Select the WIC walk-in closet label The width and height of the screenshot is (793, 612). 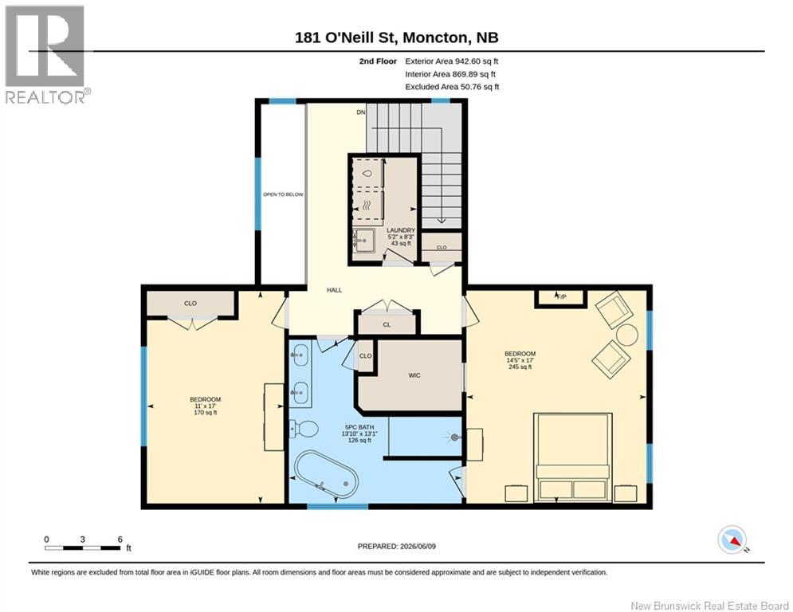point(414,375)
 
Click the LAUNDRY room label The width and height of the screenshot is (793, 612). point(401,230)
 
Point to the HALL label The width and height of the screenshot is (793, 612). point(334,290)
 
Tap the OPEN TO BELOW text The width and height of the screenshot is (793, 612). point(283,194)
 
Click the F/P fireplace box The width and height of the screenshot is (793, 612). point(561,297)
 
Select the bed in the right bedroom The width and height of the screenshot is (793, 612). point(573,457)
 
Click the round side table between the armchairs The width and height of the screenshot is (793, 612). point(626,335)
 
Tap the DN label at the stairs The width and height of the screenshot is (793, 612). point(360,112)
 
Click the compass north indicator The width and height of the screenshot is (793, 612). point(732,539)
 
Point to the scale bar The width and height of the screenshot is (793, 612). point(83,547)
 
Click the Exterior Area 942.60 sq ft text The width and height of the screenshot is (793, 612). point(452,61)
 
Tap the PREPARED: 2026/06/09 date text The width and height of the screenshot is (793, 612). point(397,546)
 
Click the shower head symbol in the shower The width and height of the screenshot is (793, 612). point(453,437)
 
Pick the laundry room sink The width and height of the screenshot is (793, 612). point(363,240)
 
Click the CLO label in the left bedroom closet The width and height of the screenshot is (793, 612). point(190,304)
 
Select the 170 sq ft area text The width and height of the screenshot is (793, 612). point(206,412)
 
